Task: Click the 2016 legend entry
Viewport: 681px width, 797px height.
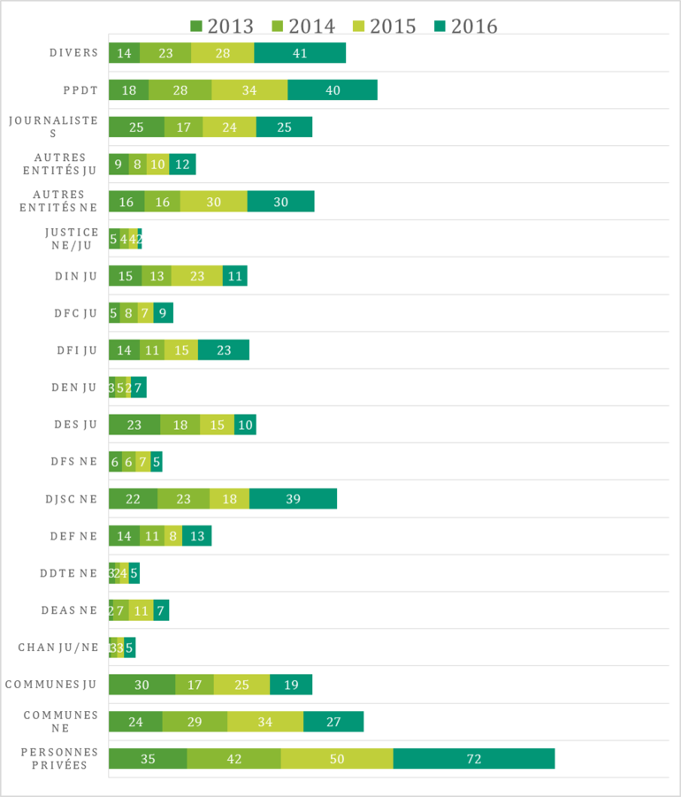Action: pos(464,26)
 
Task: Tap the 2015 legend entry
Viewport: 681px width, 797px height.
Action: pos(383,26)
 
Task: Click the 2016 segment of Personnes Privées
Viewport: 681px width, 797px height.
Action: pos(474,759)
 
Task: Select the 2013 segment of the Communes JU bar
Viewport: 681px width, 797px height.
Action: pos(142,685)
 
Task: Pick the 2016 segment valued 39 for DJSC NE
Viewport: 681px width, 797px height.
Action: pos(293,499)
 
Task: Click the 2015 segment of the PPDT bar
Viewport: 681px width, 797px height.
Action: pos(249,90)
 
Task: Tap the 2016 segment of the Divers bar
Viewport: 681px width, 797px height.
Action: pos(300,53)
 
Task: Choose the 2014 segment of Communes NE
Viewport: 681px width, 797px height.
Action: pos(195,722)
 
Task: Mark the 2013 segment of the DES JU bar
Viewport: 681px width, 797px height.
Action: pos(134,425)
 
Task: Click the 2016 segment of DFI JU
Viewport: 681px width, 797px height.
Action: pos(224,350)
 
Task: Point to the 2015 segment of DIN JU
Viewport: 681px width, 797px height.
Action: pos(197,276)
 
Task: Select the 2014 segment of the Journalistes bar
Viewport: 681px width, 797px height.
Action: pos(184,127)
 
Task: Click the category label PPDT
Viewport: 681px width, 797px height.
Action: pos(79,90)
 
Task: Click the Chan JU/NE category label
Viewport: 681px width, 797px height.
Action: pos(58,648)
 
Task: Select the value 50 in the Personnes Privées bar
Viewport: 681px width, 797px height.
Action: pos(337,759)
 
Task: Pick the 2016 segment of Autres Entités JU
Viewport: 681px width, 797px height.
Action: pos(182,165)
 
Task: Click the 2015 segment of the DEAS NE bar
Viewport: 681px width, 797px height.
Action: pos(141,610)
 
